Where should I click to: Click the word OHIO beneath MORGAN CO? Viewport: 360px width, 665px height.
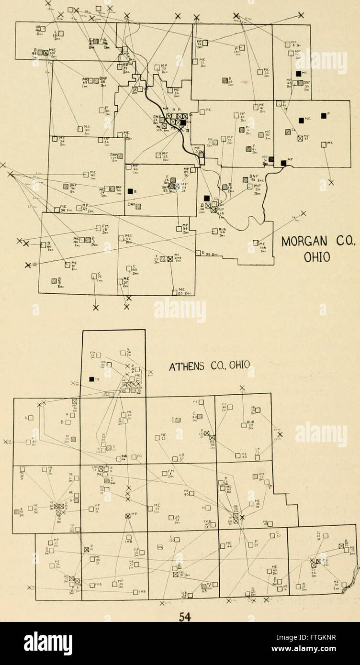(317, 257)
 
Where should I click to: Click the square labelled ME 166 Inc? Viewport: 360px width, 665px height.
(257, 243)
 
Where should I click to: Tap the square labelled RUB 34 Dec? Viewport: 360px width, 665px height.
(214, 232)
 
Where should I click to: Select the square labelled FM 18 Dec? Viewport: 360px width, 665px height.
(98, 228)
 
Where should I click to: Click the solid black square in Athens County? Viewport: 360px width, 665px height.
(91, 379)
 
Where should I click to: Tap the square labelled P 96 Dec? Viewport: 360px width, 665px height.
(101, 110)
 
